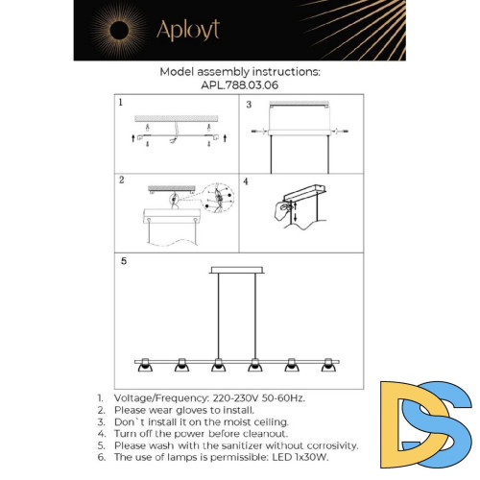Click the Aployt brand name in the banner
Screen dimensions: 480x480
point(188,30)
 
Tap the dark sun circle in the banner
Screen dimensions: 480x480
point(119,31)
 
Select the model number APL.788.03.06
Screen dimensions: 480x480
point(240,85)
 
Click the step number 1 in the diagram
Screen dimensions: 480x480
point(121,103)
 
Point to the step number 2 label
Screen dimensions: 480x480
point(122,180)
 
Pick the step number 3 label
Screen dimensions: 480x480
point(249,105)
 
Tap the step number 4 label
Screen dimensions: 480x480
point(246,181)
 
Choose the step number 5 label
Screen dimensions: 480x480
point(124,261)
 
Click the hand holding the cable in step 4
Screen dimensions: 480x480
point(282,210)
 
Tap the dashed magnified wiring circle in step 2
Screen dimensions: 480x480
point(219,199)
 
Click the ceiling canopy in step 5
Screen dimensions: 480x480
point(237,270)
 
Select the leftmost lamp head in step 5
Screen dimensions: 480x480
point(145,365)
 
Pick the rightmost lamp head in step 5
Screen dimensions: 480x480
point(328,365)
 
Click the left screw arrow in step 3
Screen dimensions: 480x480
point(258,132)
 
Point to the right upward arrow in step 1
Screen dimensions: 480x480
point(226,138)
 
